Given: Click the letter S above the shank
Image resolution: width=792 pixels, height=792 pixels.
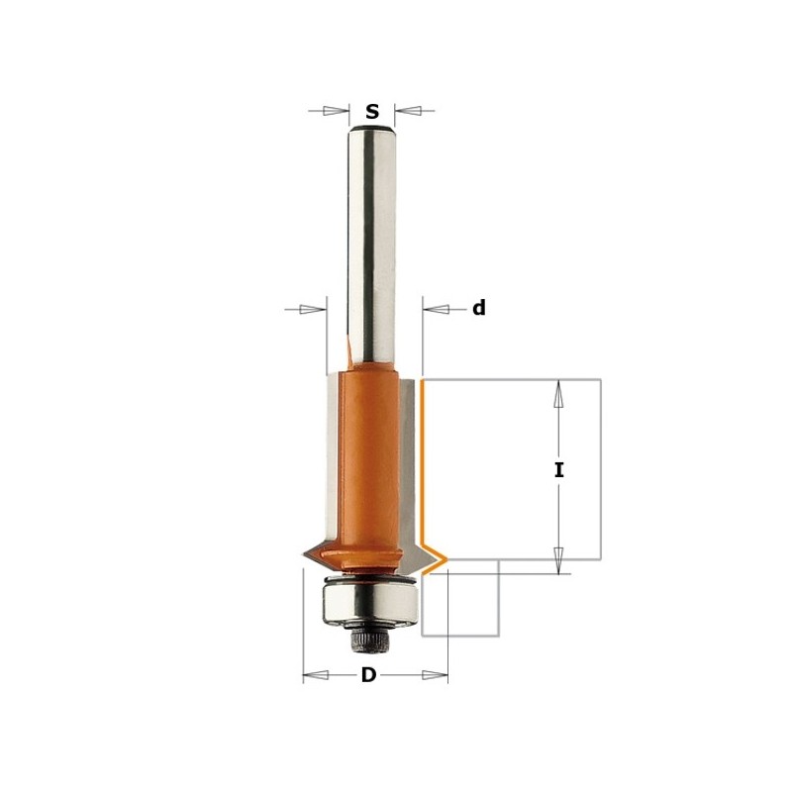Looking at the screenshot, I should click(x=372, y=112).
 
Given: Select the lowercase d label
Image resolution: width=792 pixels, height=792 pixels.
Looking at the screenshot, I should click(x=478, y=309).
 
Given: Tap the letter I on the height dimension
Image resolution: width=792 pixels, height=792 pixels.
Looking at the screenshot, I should click(x=558, y=470).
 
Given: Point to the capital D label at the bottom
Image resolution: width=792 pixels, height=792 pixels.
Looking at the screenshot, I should click(x=368, y=676).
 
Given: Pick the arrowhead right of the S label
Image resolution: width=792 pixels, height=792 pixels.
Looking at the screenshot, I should click(x=406, y=111).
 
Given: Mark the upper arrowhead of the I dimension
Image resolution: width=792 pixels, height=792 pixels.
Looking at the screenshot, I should click(x=558, y=395).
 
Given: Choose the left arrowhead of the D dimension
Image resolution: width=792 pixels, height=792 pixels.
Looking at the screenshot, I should click(x=314, y=676).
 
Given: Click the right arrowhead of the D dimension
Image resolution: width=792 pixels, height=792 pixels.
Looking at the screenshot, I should click(x=436, y=676).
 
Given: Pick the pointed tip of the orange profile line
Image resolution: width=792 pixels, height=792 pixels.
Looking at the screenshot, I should click(x=445, y=560).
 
